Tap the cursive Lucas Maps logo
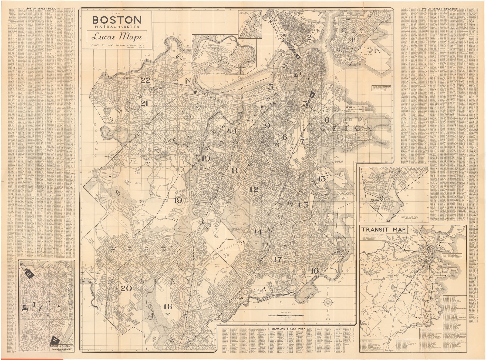coord(117,36)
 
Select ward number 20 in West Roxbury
coord(126,288)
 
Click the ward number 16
coord(315,271)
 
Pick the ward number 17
coord(278,260)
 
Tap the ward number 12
coord(254,190)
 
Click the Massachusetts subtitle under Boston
coord(117,27)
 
